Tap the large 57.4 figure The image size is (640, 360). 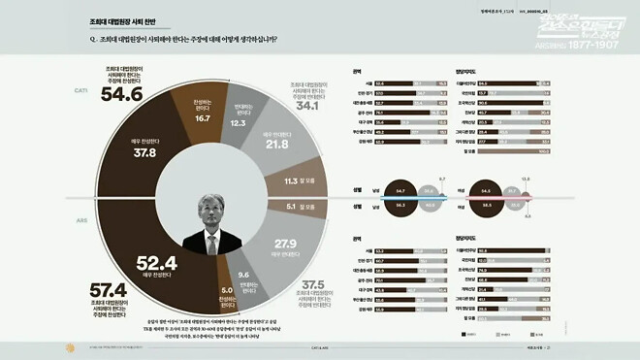click(109, 290)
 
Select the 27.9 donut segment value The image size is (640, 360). click(285, 243)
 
